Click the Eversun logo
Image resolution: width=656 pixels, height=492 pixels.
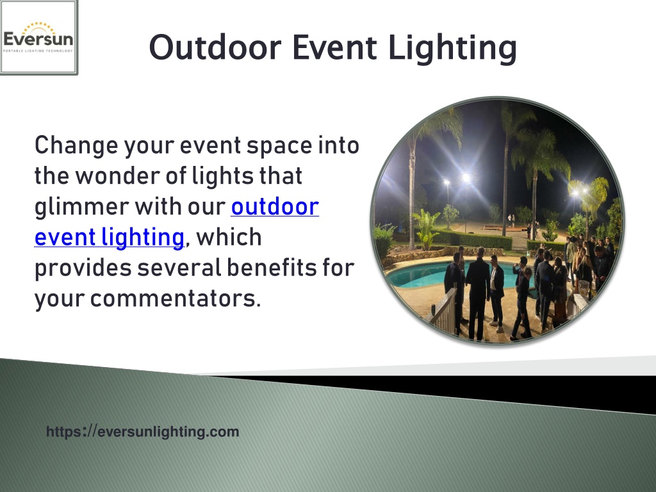pyautogui.click(x=38, y=38)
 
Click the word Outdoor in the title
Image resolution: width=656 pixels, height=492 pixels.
pyautogui.click(x=215, y=47)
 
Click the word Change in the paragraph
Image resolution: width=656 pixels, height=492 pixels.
pyautogui.click(x=76, y=146)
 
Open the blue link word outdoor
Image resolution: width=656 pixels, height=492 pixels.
pyautogui.click(x=275, y=207)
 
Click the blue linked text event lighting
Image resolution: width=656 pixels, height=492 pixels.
pyautogui.click(x=109, y=238)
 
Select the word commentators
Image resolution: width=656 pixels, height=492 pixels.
pyautogui.click(x=176, y=299)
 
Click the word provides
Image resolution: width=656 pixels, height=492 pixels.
pyautogui.click(x=83, y=268)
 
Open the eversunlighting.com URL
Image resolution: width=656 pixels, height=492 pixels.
pyautogui.click(x=143, y=431)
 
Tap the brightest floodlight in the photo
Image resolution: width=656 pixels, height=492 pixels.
pyautogui.click(x=466, y=178)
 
